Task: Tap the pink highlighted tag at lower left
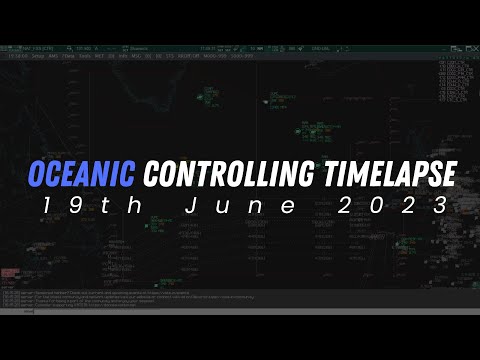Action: (8, 271)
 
